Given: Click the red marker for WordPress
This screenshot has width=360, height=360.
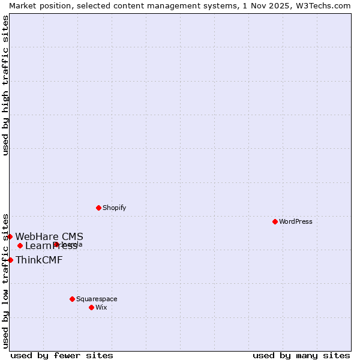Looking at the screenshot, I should [275, 221].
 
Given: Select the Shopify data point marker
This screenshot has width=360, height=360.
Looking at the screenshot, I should [98, 208].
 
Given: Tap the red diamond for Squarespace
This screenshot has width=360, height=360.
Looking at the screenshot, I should [72, 299].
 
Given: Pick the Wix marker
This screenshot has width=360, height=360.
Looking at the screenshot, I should [91, 307].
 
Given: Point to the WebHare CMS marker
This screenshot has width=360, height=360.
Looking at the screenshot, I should [10, 236].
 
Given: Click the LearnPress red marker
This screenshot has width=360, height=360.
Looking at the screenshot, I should [20, 245].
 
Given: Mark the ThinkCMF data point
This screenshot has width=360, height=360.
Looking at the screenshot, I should [10, 260].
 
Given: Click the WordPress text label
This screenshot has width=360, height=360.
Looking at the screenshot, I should [296, 221].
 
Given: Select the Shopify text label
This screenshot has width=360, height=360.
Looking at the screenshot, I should [114, 208].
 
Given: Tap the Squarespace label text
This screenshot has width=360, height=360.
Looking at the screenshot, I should [97, 299].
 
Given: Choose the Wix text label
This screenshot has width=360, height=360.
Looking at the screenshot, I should [101, 307].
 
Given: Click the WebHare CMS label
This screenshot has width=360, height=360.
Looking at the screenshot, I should [49, 236].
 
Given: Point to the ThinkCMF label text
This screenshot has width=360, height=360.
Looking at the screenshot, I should [39, 260].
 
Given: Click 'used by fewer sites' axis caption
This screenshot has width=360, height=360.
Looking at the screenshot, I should [62, 355].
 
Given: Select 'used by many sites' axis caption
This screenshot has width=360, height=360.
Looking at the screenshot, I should [301, 355].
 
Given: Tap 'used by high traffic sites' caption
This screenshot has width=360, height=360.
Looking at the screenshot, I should [5, 85].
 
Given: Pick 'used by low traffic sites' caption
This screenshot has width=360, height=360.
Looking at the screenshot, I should [5, 280].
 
